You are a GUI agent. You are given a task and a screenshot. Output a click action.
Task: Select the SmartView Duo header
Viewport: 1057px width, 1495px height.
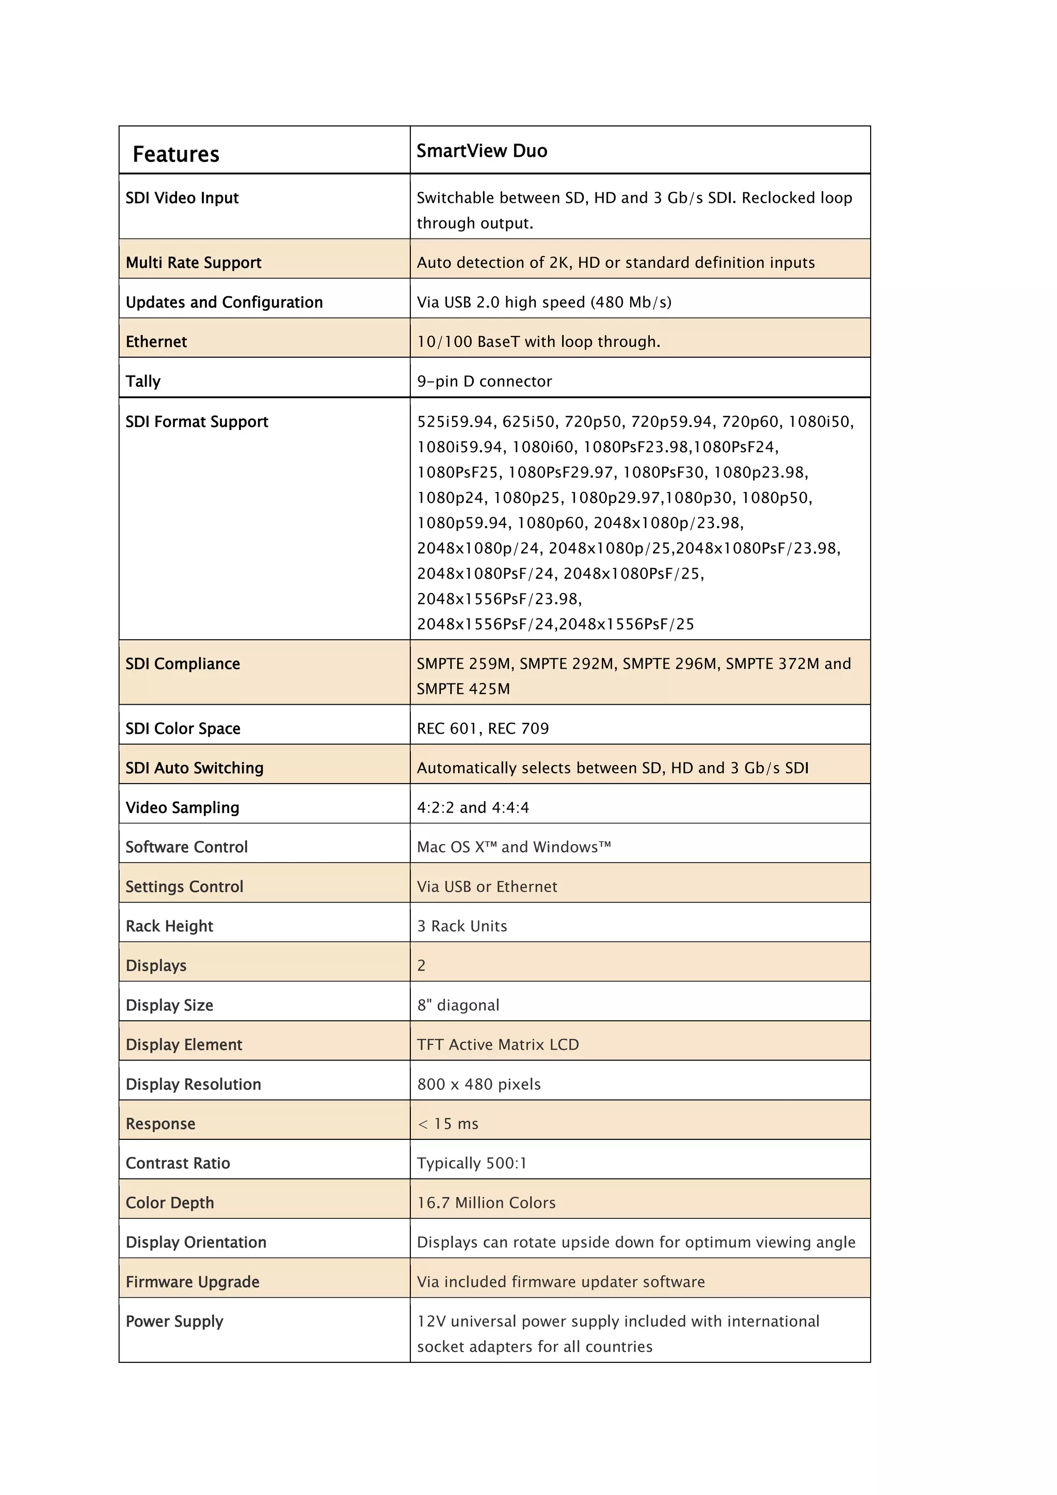point(482,151)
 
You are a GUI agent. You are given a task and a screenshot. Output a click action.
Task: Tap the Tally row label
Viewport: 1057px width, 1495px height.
point(143,381)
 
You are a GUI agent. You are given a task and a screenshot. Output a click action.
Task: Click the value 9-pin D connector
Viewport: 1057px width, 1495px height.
point(484,381)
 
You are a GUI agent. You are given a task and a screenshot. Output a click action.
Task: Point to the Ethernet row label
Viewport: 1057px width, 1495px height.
point(156,342)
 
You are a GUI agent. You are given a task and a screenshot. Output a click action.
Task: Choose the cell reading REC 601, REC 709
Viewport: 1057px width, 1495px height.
point(483,728)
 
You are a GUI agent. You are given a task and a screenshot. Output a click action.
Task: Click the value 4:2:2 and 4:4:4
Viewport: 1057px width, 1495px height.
point(473,807)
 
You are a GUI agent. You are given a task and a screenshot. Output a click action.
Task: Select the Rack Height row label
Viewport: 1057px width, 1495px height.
point(169,926)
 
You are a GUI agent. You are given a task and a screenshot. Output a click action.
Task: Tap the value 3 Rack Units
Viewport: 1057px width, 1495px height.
point(462,926)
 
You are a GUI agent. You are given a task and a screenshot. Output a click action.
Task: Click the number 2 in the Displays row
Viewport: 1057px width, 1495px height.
point(422,966)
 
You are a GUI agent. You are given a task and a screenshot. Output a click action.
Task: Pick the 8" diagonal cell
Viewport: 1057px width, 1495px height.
point(458,1005)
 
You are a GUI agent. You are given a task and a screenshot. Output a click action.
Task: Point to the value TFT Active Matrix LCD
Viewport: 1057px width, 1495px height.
point(498,1044)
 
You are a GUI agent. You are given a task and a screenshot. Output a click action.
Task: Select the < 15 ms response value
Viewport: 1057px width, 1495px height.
point(448,1124)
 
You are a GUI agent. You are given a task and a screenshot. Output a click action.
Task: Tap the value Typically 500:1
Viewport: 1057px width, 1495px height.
point(472,1163)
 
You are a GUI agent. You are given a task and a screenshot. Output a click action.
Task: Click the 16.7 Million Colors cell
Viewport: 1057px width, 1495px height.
point(486,1203)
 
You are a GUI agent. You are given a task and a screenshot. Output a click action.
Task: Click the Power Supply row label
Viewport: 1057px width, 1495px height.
point(174,1321)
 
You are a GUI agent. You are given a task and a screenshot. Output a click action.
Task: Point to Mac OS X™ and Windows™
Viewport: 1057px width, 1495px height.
point(514,847)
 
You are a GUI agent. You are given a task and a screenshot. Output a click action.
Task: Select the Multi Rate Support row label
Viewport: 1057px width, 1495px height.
point(194,263)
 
